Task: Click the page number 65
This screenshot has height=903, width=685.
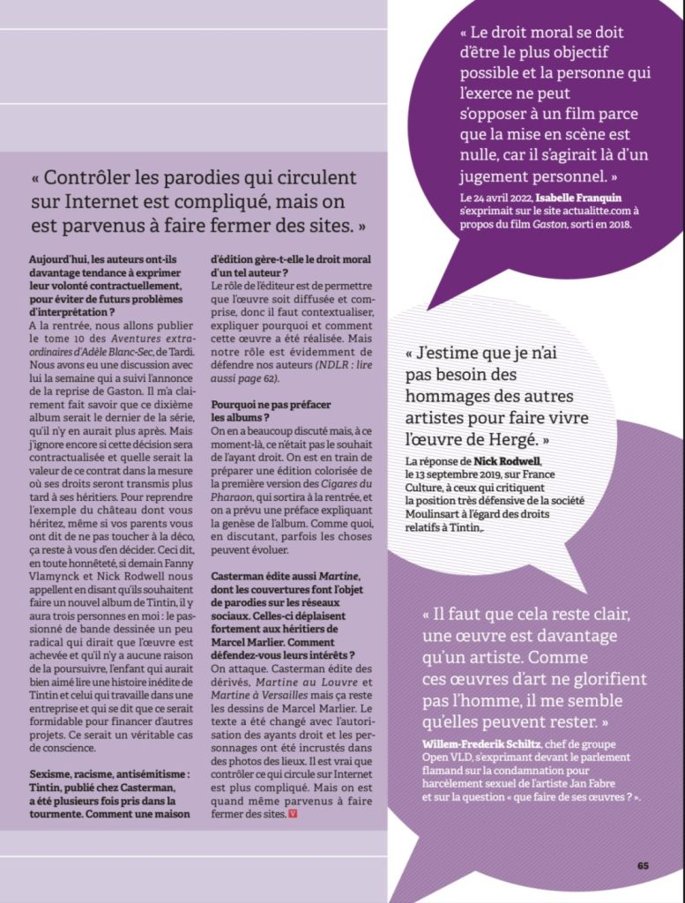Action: click(643, 865)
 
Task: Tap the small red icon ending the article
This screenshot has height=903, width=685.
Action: click(294, 813)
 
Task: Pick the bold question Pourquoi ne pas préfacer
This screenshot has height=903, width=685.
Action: click(258, 404)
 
